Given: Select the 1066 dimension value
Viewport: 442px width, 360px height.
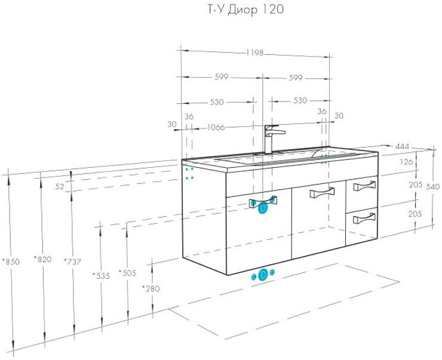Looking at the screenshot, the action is point(218,127).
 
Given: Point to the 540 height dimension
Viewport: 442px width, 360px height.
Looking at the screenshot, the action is point(434,187).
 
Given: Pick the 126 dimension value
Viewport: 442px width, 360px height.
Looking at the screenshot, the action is point(406,162).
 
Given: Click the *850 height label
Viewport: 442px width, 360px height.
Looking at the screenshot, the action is point(11,261).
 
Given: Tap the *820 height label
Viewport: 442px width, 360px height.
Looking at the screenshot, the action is point(42,260).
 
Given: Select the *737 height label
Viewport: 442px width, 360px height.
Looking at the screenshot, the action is point(72,261).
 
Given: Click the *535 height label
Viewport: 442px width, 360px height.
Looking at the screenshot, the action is point(102,275).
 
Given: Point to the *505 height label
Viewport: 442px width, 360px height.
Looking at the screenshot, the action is point(127,273).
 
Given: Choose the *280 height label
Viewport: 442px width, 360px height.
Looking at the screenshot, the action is point(151,289).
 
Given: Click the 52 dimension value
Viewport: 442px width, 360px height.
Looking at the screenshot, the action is point(59,186).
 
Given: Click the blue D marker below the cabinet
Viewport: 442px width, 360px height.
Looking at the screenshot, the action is point(263,275).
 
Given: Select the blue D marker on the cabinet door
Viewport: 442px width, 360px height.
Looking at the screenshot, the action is point(262,208).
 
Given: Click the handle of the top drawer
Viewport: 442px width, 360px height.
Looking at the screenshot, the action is point(364,187).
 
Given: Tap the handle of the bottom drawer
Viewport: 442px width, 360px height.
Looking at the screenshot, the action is point(364,219).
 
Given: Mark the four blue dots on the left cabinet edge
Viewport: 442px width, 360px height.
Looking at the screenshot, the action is point(190,173).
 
